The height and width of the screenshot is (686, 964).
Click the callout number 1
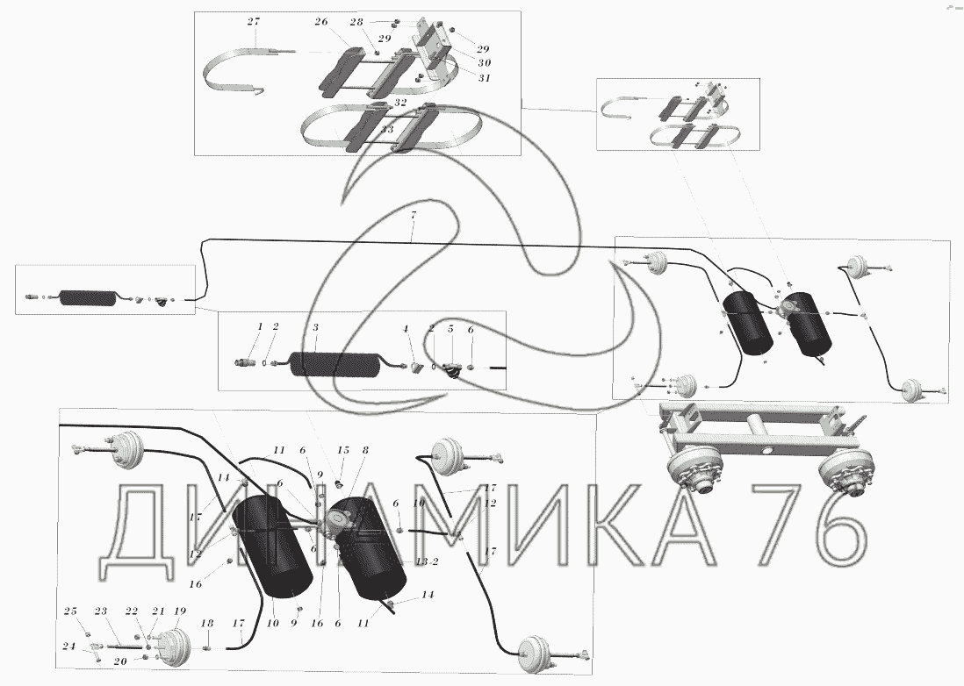(260, 326)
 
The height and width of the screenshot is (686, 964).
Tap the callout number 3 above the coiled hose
(316, 326)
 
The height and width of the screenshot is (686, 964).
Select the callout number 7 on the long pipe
(412, 215)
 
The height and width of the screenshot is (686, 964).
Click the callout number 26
(320, 21)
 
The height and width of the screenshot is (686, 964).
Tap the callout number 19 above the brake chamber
(180, 611)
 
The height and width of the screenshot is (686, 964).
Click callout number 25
(70, 611)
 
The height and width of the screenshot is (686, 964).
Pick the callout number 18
(207, 623)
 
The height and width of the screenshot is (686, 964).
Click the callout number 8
(366, 450)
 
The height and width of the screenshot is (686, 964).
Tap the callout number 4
(406, 328)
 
